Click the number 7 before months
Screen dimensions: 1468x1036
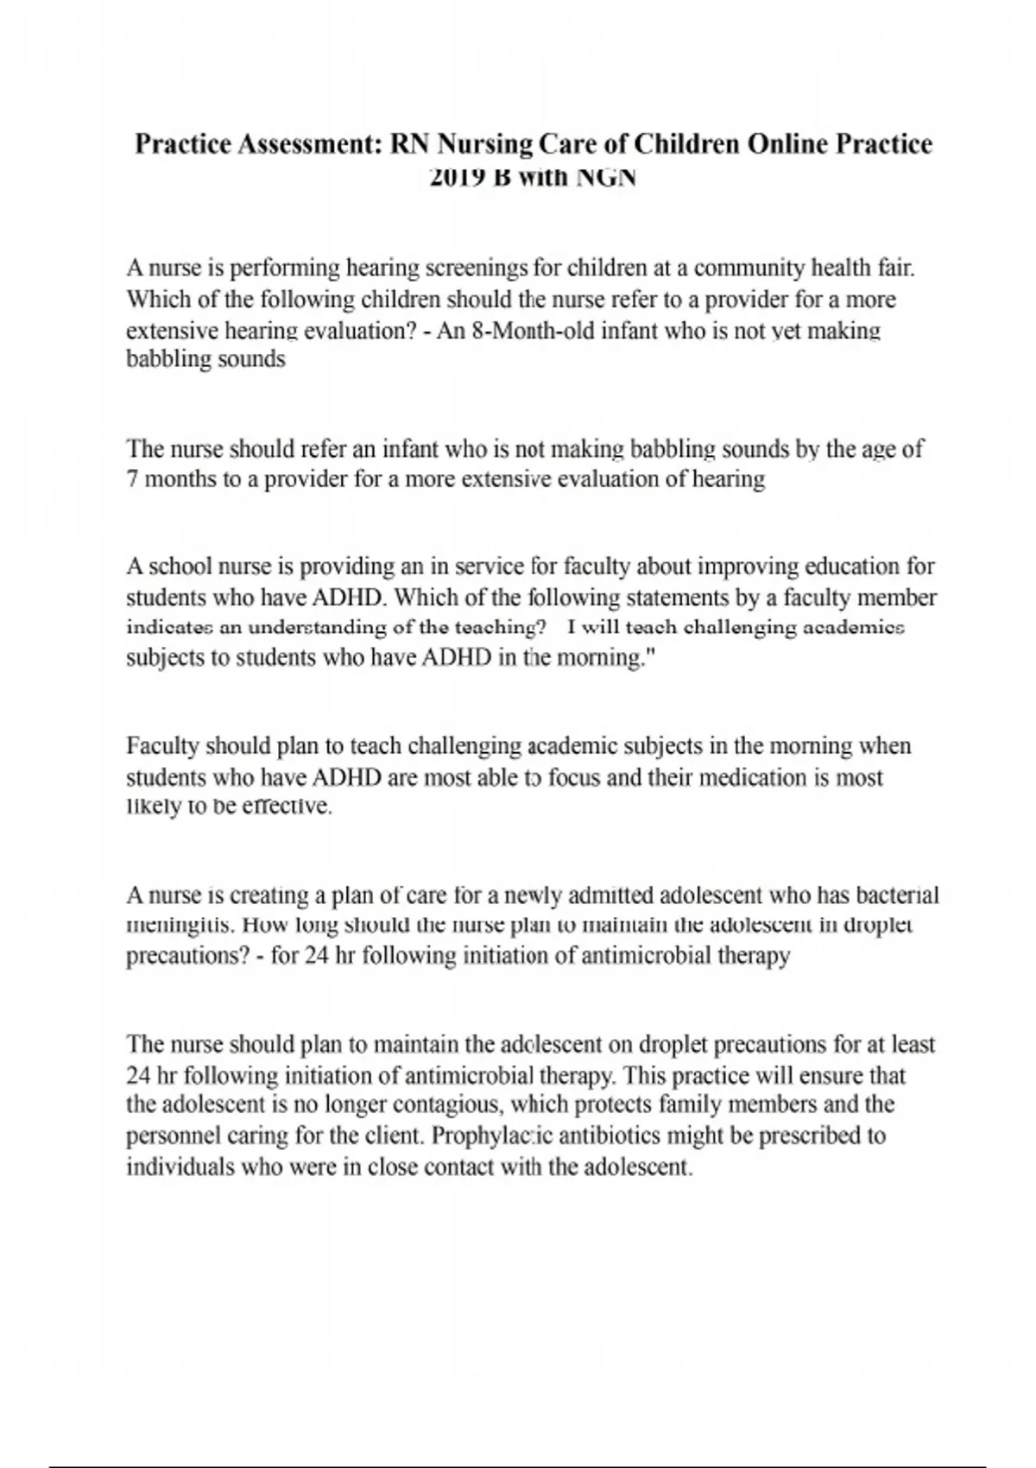pyautogui.click(x=133, y=479)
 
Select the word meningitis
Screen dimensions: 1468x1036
pyautogui.click(x=180, y=926)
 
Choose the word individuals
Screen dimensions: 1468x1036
pyautogui.click(x=179, y=1167)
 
